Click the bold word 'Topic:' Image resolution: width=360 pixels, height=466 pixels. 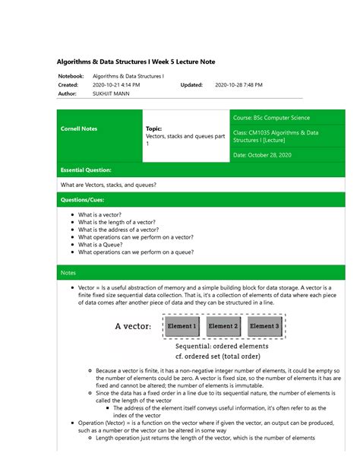155,129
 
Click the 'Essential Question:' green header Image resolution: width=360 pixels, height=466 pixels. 86,170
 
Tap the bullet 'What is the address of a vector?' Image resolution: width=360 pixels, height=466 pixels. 118,229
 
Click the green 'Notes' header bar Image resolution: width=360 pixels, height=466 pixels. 69,272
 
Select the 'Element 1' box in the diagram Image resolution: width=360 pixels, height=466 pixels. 182,326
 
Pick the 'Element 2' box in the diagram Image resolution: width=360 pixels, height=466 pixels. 223,326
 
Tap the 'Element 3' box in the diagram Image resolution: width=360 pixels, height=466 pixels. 264,326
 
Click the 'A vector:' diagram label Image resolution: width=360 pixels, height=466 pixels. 133,327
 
